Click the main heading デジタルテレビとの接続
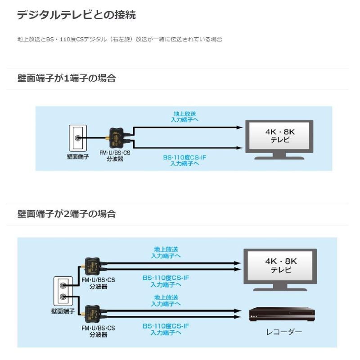tap(76, 15)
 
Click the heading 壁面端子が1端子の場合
tap(67, 78)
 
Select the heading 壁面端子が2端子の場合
tap(67, 214)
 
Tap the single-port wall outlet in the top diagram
tap(78, 138)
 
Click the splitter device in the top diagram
tap(117, 138)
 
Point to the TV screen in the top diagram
tap(279, 136)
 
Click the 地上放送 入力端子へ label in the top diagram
tap(184, 117)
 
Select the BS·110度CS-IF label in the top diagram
tap(184, 157)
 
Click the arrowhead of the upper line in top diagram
tap(240, 127)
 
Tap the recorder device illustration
tap(282, 314)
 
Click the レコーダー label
tap(284, 332)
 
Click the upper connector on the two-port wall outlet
tap(63, 286)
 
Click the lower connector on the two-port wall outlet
tap(63, 297)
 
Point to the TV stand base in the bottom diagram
tap(280, 289)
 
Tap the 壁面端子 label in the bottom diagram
tap(63, 311)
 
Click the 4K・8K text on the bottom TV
tap(281, 261)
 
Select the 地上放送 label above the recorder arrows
tap(166, 297)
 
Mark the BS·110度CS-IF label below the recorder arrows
tap(166, 326)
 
